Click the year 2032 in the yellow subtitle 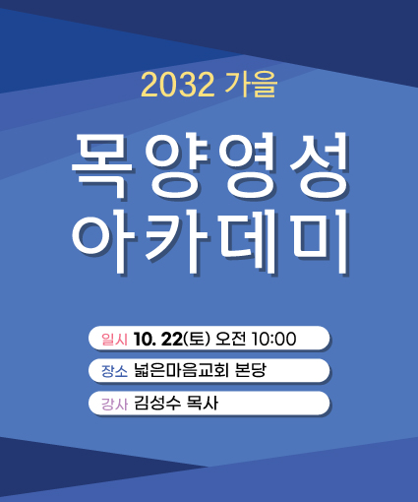[177, 85]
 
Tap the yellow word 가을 [251, 85]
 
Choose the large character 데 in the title [248, 241]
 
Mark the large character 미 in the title [321, 241]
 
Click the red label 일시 [114, 340]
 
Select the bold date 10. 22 [158, 339]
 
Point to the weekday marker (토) [197, 339]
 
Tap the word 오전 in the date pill [230, 339]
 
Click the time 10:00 [273, 339]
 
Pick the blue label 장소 [114, 371]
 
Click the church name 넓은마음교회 [181, 371]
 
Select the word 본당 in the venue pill [251, 371]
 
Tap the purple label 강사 [114, 404]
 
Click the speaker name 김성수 [157, 404]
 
